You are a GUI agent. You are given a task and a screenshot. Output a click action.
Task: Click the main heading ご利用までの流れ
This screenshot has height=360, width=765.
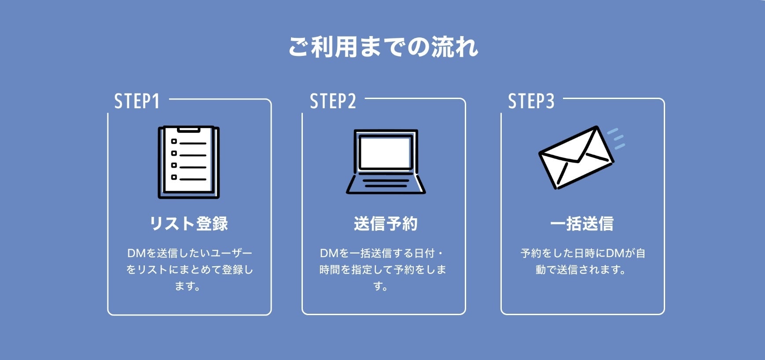(383, 47)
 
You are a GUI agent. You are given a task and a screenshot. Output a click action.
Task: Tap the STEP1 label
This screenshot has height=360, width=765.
(136, 101)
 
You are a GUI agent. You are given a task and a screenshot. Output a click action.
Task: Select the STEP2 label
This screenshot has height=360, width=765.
(333, 101)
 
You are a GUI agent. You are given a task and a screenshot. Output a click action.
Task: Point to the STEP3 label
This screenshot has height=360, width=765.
(531, 101)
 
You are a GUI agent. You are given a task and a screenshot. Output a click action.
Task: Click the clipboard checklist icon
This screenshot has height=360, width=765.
(189, 162)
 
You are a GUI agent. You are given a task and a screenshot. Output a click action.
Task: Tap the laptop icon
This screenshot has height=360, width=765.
(386, 162)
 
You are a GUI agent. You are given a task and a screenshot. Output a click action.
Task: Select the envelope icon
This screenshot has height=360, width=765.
(576, 158)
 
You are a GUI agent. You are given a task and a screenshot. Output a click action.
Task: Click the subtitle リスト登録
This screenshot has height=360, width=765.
(189, 224)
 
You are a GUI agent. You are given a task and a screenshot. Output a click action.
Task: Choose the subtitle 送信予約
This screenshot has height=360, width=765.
(386, 224)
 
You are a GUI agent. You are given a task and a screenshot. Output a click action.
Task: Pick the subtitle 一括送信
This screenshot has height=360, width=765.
(582, 224)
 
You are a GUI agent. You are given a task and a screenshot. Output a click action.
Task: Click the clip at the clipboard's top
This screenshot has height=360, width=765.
(189, 130)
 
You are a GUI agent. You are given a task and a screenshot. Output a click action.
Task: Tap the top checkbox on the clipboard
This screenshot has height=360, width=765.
(174, 142)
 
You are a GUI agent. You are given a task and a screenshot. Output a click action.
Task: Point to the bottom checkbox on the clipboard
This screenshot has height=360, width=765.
(174, 177)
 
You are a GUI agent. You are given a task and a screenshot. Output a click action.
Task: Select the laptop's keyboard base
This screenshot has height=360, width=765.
(386, 184)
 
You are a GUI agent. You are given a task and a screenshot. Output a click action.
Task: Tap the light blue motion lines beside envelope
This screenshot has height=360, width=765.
(617, 139)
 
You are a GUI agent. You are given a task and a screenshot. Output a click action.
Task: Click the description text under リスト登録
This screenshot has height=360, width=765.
(189, 269)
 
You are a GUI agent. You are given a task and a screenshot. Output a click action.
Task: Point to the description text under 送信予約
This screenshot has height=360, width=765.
(382, 269)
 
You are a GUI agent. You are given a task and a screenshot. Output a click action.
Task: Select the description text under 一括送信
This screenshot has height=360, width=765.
(582, 261)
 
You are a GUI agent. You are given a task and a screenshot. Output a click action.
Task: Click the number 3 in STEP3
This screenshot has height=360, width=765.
(550, 101)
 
